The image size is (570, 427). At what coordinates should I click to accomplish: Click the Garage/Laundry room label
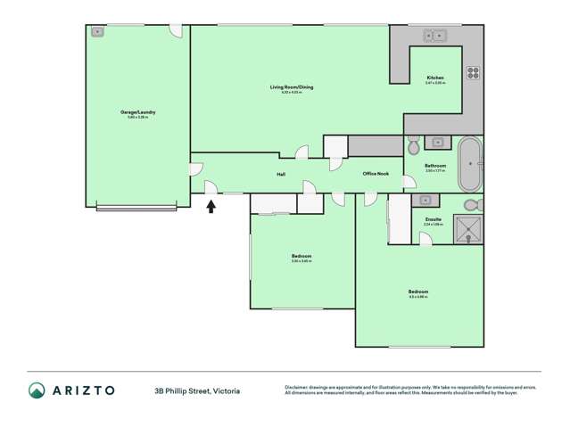pyautogui.click(x=138, y=112)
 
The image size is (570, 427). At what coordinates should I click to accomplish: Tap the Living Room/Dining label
pyautogui.click(x=292, y=87)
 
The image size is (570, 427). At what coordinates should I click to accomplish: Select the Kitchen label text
pyautogui.click(x=434, y=78)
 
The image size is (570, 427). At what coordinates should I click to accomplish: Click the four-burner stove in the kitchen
pyautogui.click(x=473, y=73)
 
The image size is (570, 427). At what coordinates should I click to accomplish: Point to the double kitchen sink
pyautogui.click(x=435, y=36)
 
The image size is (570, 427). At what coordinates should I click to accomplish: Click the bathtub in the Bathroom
pyautogui.click(x=469, y=164)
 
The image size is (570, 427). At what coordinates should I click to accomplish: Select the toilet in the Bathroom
pyautogui.click(x=413, y=145)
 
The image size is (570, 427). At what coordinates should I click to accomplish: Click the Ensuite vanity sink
pyautogui.click(x=426, y=201)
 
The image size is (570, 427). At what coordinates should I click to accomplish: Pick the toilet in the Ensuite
pyautogui.click(x=472, y=205)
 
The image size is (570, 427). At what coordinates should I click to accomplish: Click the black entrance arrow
pyautogui.click(x=211, y=207)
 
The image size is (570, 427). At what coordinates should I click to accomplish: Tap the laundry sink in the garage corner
pyautogui.click(x=97, y=32)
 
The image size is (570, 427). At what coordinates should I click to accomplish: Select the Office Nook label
pyautogui.click(x=376, y=174)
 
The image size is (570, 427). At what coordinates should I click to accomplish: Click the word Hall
pyautogui.click(x=281, y=175)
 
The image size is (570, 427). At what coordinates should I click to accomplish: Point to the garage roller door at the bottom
pyautogui.click(x=136, y=208)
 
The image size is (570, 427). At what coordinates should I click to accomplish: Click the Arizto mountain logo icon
pyautogui.click(x=37, y=390)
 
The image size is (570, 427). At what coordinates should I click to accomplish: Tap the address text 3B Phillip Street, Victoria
pyautogui.click(x=197, y=390)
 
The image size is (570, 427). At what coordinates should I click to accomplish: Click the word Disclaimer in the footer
pyautogui.click(x=300, y=387)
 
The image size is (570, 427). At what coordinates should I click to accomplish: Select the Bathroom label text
pyautogui.click(x=435, y=166)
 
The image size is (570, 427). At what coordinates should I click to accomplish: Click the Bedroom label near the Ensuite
pyautogui.click(x=418, y=292)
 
